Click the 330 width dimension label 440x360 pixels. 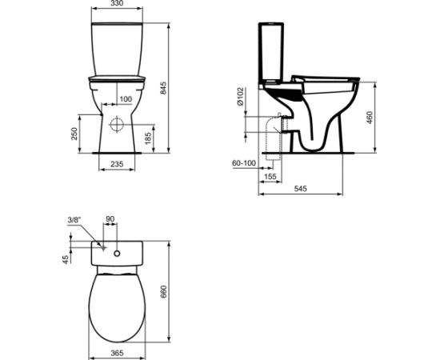click(117, 3)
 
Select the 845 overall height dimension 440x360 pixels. click(163, 88)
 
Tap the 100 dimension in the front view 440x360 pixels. click(126, 99)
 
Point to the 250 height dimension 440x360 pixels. click(74, 134)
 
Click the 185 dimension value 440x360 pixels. click(148, 138)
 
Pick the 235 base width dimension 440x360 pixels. click(117, 164)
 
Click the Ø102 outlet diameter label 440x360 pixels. click(241, 97)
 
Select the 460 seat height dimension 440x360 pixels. click(370, 118)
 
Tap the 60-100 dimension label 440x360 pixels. click(244, 163)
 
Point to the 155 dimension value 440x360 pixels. click(270, 177)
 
